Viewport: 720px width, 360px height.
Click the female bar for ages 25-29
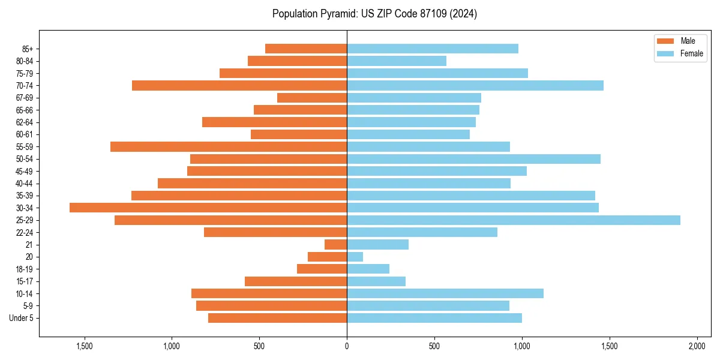click(x=514, y=220)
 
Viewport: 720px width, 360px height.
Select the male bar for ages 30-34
click(x=208, y=208)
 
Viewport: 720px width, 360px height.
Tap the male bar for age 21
click(x=336, y=245)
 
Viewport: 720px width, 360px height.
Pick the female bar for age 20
click(x=355, y=257)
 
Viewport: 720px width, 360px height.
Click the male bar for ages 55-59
click(x=229, y=146)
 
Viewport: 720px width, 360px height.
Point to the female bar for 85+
click(x=433, y=49)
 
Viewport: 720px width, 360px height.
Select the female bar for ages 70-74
click(x=475, y=85)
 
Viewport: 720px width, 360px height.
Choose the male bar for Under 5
click(x=278, y=318)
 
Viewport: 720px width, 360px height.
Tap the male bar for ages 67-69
click(x=312, y=98)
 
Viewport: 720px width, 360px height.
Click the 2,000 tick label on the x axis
click(x=697, y=347)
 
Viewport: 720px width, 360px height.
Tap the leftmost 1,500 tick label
click(x=85, y=347)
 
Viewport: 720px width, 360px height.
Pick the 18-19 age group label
click(x=25, y=269)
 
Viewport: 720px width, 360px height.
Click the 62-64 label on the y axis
click(x=25, y=122)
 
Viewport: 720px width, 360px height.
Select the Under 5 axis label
click(x=22, y=318)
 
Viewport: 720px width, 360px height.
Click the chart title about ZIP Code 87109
click(x=374, y=14)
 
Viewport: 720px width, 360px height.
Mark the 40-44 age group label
click(x=25, y=184)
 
